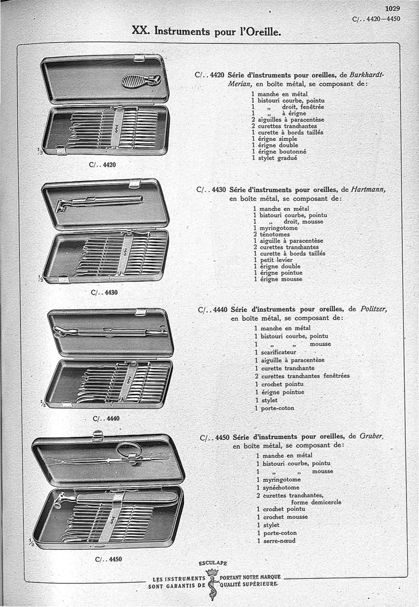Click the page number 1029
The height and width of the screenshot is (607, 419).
click(392, 8)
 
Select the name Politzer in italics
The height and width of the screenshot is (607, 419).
click(374, 309)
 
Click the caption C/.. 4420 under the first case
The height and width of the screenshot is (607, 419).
click(103, 165)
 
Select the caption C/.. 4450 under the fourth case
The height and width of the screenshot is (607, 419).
click(109, 559)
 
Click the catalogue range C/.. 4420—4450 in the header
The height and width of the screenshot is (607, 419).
click(377, 19)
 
